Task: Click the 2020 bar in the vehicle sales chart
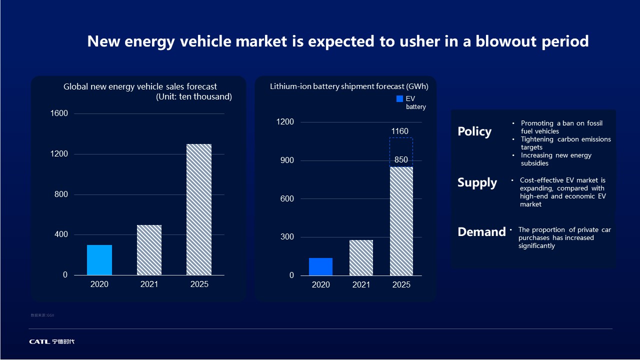coord(99,260)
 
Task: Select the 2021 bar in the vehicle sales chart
coord(149,250)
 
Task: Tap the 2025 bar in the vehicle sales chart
coord(199,209)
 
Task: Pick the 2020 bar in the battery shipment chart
coord(320,266)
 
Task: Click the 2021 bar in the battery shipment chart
coord(361,257)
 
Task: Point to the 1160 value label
coord(400,131)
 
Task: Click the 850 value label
coord(401,160)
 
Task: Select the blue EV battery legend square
coord(399,99)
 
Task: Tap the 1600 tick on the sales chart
coord(59,113)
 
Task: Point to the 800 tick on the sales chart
coord(61,194)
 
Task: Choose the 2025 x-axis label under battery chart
coord(401,285)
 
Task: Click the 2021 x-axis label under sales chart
coord(149,284)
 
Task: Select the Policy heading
coord(474,131)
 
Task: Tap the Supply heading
coord(477,182)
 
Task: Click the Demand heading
coord(481,232)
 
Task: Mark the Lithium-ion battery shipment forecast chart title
coord(349,86)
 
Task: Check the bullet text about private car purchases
coord(564,237)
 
